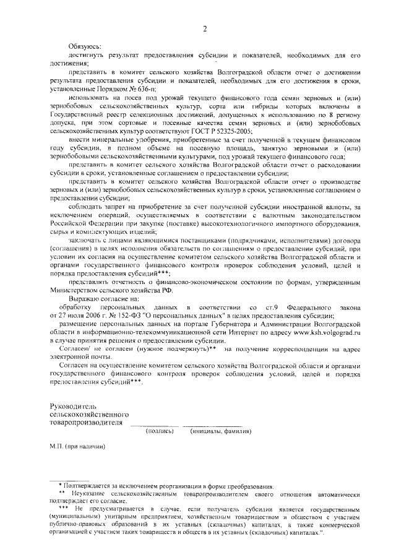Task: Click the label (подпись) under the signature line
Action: (160, 431)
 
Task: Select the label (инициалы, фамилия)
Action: (221, 431)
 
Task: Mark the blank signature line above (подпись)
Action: (155, 424)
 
